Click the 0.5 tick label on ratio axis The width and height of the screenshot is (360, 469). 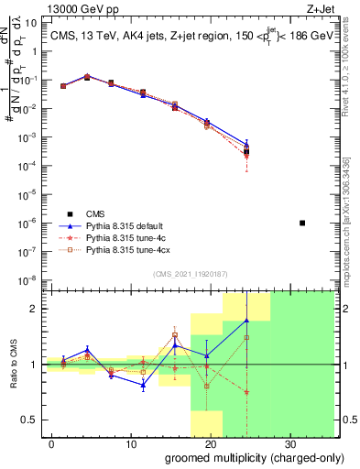coord(29,420)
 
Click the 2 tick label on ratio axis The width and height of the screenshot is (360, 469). coord(34,309)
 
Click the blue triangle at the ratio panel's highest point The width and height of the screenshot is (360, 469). coord(246,321)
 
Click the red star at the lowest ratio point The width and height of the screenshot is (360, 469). coord(246,392)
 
